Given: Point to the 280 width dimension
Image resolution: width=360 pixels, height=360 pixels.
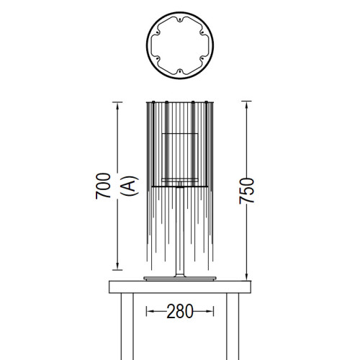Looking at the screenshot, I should (180, 312).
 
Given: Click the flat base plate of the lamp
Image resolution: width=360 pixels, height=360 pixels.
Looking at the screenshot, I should (180, 278).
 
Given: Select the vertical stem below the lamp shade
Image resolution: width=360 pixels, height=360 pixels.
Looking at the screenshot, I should (180, 230).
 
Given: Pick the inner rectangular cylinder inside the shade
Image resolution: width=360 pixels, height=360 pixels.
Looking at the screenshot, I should (180, 155).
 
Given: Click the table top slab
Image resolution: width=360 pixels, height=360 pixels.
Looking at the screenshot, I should (180, 287).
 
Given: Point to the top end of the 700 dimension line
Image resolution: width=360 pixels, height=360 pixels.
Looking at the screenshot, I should (117, 102).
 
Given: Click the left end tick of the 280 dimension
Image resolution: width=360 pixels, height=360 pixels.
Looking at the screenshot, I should (147, 312).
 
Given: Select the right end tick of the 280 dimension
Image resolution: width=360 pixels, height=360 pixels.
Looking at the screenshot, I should (214, 312).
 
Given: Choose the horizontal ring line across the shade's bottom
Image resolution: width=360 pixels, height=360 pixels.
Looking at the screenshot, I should (180, 186).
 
